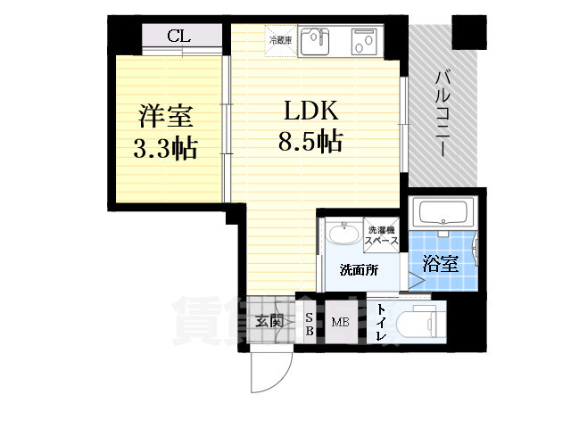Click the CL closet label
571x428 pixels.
point(178,37)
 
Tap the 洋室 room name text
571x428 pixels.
point(165,116)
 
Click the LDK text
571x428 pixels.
point(310,111)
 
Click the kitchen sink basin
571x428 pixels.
point(315,40)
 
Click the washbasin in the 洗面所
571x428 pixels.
point(340,235)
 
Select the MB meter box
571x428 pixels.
point(341,322)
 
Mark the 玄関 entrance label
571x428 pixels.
point(269,321)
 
